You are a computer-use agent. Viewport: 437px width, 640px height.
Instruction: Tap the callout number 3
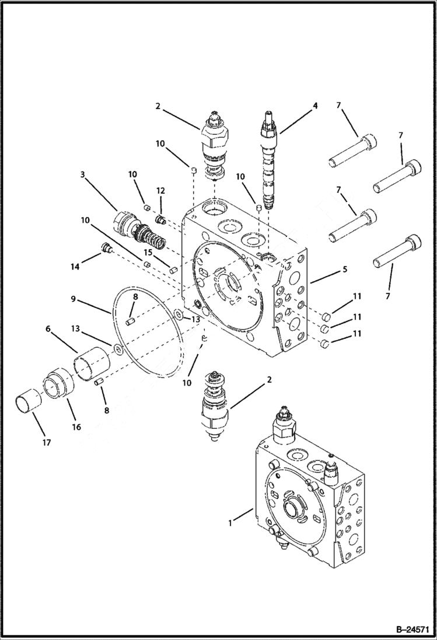(83, 174)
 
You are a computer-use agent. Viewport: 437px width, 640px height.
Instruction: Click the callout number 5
(345, 270)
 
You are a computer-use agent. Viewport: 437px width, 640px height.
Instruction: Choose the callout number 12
(160, 191)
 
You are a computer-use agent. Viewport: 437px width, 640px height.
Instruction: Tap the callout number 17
(47, 443)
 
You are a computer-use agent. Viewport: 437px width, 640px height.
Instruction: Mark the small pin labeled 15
(173, 269)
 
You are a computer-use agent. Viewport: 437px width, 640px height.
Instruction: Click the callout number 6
(48, 329)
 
